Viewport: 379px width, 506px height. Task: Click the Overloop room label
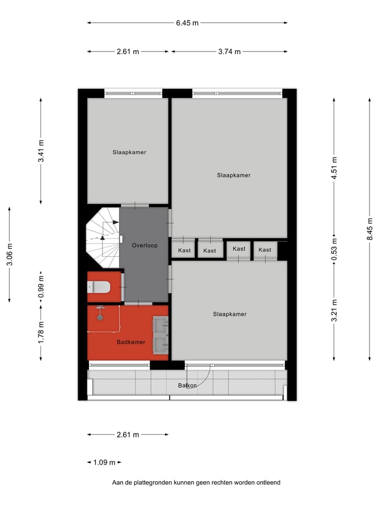[145, 246]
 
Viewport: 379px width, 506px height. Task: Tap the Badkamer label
[131, 342]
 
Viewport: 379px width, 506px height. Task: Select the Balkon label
[187, 385]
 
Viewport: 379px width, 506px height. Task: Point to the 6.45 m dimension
[187, 23]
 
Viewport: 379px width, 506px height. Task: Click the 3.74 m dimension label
[229, 52]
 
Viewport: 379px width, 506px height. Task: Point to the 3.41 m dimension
[41, 151]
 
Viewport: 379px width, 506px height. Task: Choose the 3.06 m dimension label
[9, 255]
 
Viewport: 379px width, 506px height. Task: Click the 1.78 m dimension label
[41, 332]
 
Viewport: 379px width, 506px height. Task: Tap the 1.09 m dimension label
[104, 463]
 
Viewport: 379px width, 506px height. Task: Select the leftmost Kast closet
[184, 250]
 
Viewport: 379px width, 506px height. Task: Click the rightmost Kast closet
[265, 250]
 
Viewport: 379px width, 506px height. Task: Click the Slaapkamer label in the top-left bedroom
[129, 152]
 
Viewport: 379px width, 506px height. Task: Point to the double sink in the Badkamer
[160, 335]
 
